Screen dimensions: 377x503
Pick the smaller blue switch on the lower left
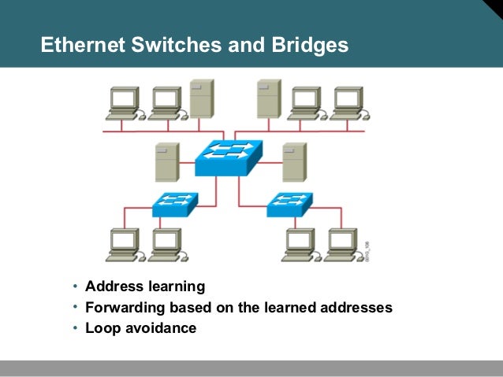(173, 204)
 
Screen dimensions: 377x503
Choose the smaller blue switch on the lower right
(288, 204)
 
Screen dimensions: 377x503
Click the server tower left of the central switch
(166, 163)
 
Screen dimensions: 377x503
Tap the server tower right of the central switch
(294, 162)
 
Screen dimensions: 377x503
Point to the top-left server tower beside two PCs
(201, 99)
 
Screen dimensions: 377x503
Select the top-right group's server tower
(268, 99)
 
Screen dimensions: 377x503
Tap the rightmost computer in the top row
(347, 103)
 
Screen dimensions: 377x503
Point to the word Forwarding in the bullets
(123, 308)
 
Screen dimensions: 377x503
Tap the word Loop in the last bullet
(101, 328)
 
